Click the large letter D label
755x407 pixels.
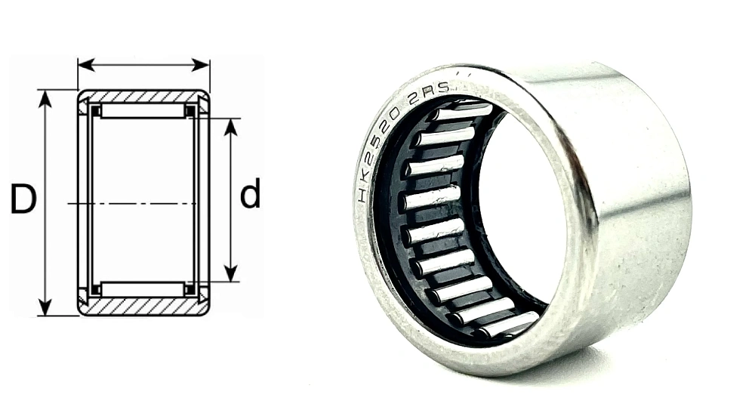click(x=23, y=198)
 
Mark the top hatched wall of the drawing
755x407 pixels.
click(x=143, y=96)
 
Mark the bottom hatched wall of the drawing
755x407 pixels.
click(x=143, y=307)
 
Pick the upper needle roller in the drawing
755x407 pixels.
click(x=143, y=112)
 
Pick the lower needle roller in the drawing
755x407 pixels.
click(x=143, y=289)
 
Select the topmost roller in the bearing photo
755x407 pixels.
click(x=462, y=113)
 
